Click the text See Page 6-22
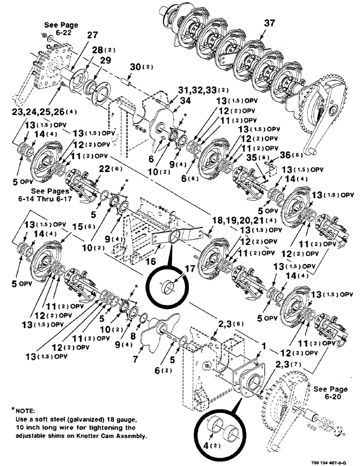tap(61, 28)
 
